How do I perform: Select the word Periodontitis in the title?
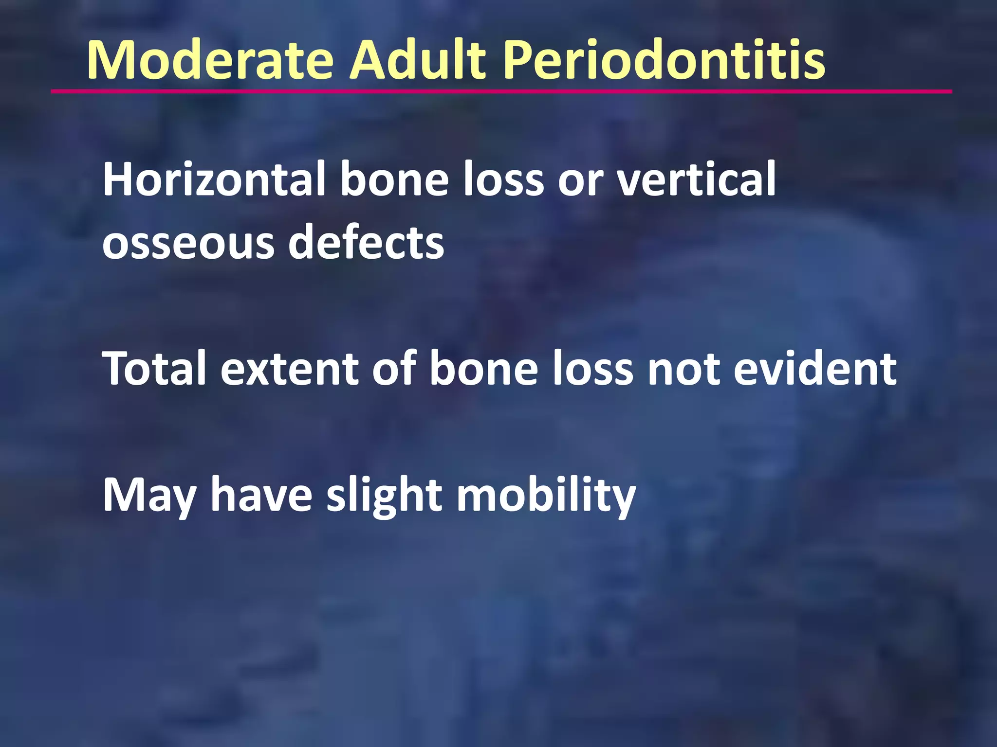click(x=664, y=60)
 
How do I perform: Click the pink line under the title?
click(x=501, y=91)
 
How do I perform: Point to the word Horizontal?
click(x=214, y=179)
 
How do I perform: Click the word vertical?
click(x=696, y=179)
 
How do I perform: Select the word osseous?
click(x=188, y=243)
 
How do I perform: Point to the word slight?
click(x=385, y=496)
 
